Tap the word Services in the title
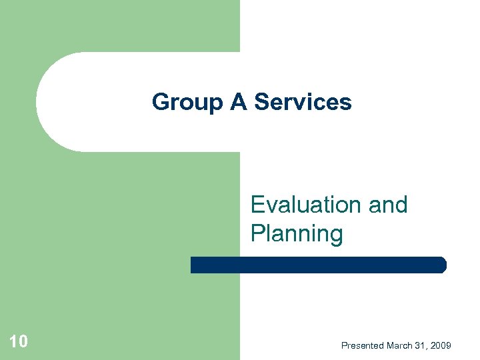coord(303,102)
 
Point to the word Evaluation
coord(306,205)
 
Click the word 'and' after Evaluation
coord(387,205)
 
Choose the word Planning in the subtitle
coord(297,233)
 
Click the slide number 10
coord(19,342)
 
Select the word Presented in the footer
coord(363,345)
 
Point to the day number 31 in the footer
coord(423,345)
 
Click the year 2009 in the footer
coord(441,345)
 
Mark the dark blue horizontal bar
coord(318,265)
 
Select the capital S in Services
coord(261,102)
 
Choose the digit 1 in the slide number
coord(14,342)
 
